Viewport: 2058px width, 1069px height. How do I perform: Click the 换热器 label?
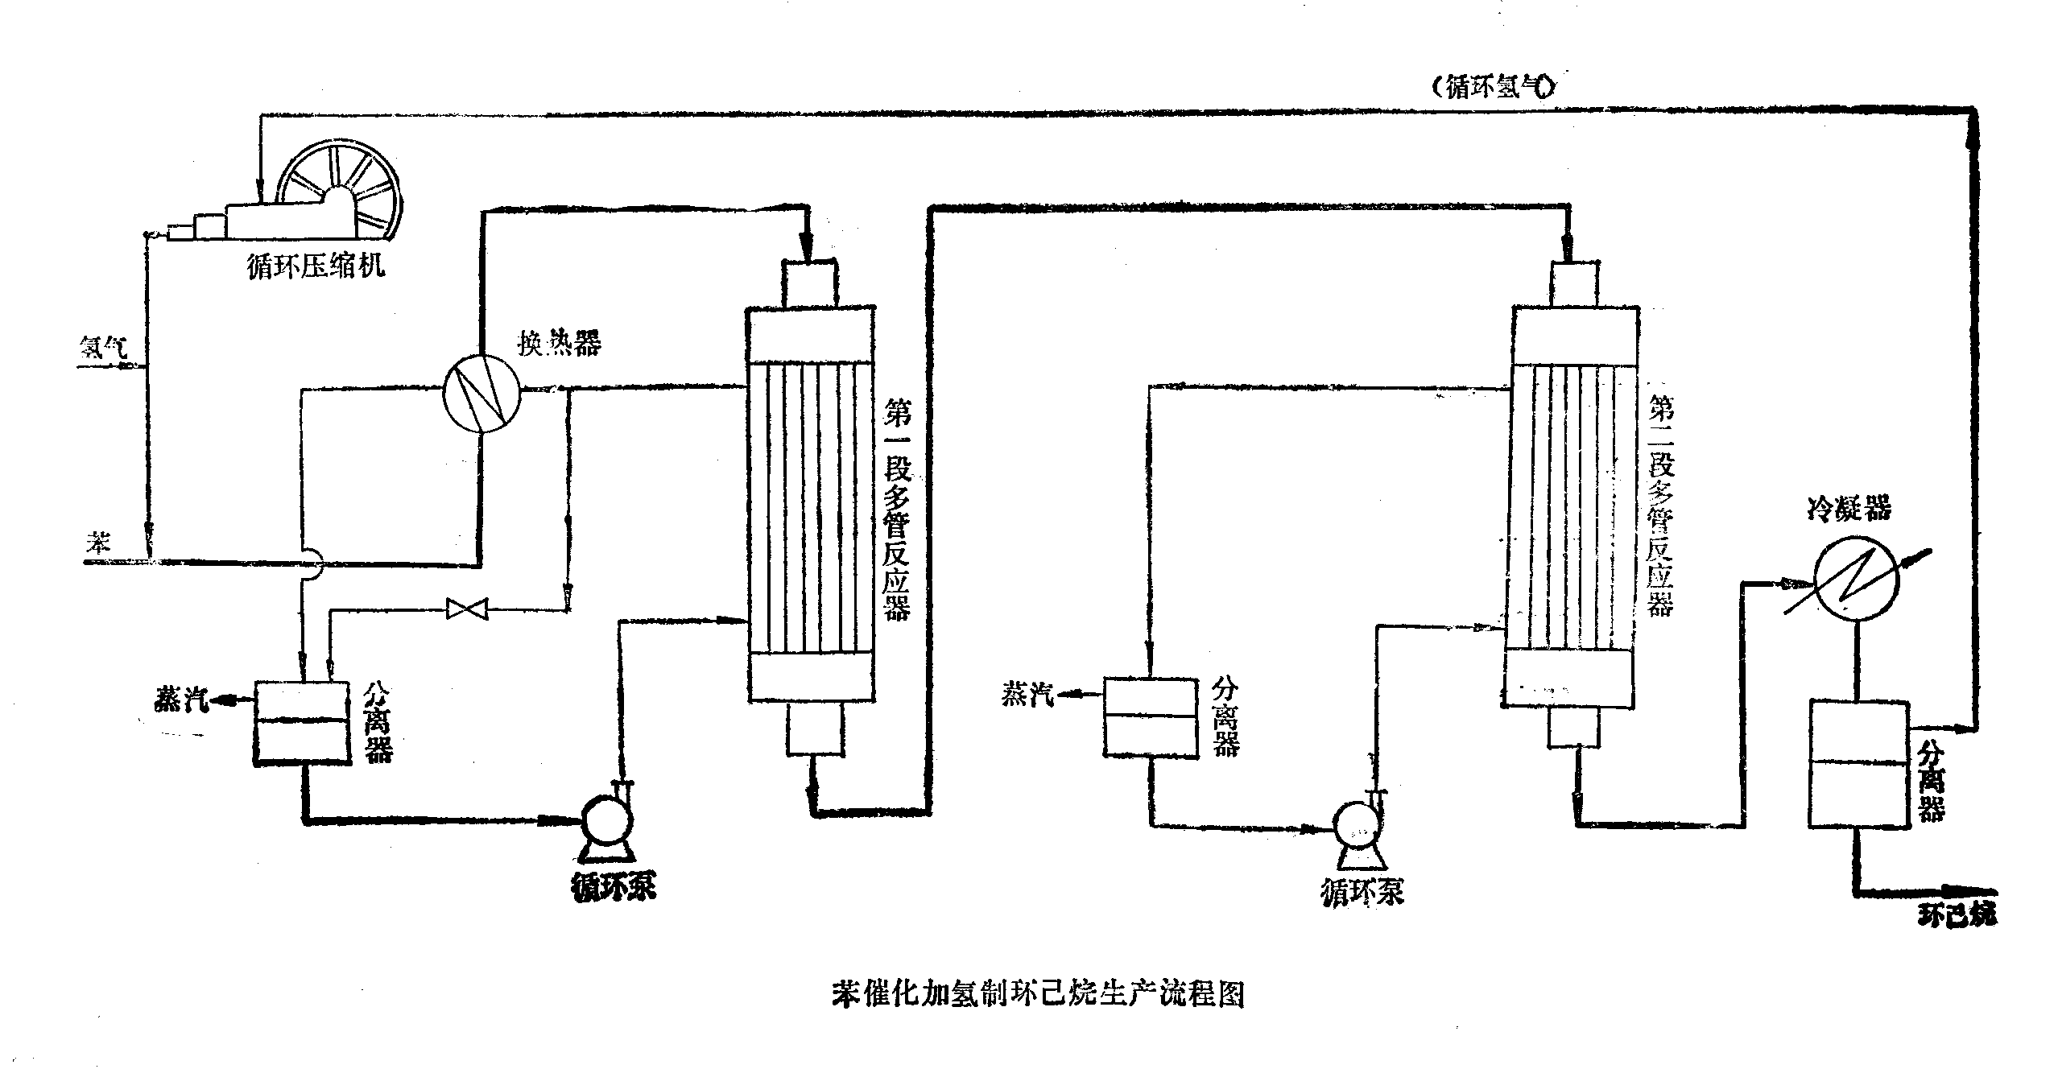pos(559,345)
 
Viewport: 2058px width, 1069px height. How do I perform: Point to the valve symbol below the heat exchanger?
pos(467,609)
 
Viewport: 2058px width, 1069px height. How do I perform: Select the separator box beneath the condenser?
pos(1857,763)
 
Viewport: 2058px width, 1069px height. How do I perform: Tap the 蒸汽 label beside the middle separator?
pos(1027,694)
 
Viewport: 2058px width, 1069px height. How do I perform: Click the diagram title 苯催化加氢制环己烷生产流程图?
pos(1038,993)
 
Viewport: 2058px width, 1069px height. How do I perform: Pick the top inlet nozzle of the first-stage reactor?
pos(810,283)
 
